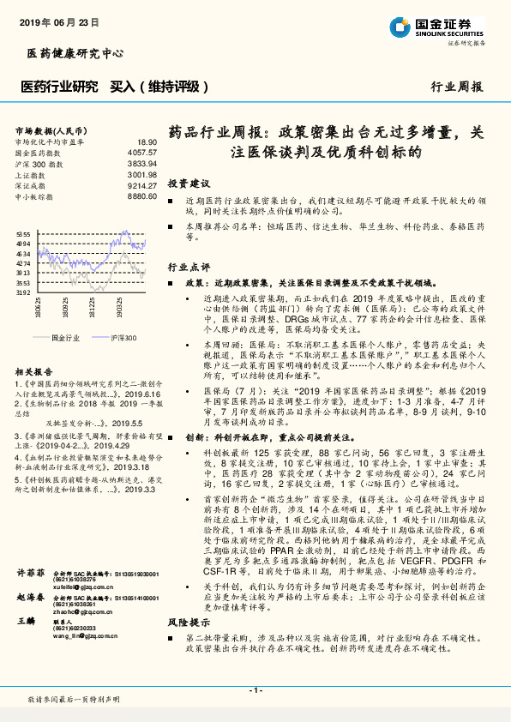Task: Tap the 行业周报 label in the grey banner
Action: point(456,87)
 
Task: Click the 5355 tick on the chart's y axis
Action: point(23,233)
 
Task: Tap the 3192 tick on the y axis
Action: point(23,293)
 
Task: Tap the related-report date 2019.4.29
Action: point(111,446)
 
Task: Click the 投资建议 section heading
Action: point(188,184)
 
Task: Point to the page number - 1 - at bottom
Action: point(255,690)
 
